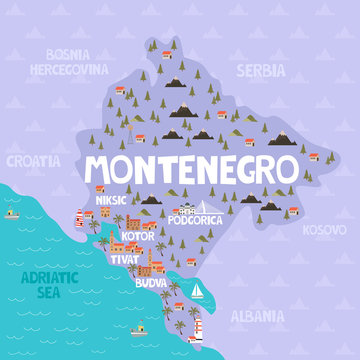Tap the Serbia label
click(260, 71)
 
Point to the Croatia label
click(32, 159)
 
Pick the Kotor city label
click(137, 237)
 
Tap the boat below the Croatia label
click(12, 212)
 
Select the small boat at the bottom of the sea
click(138, 327)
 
